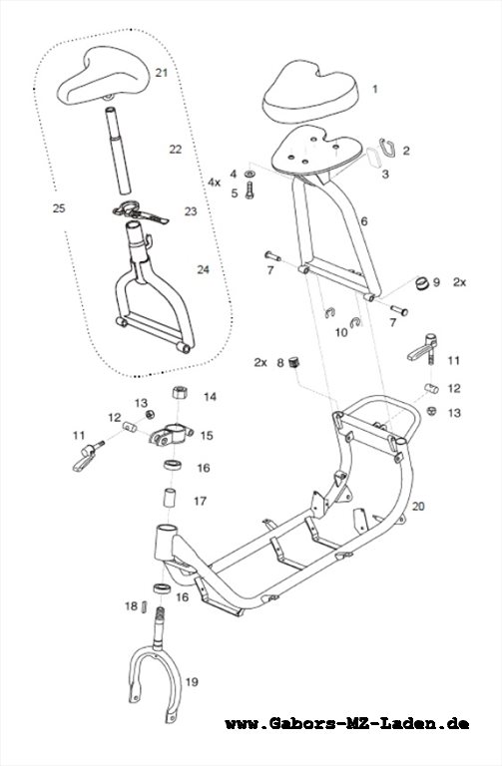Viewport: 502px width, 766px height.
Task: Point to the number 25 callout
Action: (x=59, y=208)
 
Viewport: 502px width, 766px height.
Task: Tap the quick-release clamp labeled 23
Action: (x=140, y=212)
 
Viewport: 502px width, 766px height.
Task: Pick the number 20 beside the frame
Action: (x=418, y=506)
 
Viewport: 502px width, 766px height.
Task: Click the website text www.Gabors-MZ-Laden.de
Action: (x=347, y=723)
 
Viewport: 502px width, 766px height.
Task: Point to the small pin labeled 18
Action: (x=144, y=606)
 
